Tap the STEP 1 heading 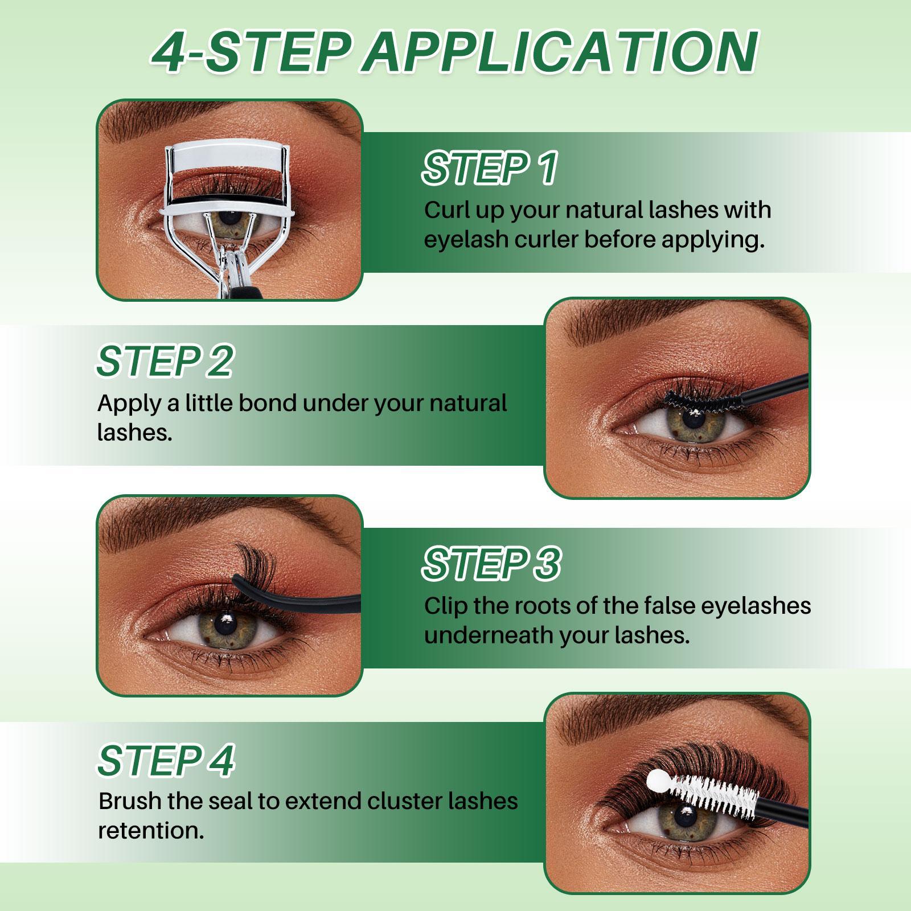point(490,168)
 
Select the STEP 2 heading point(165,361)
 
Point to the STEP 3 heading point(491,564)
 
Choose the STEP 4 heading point(166,760)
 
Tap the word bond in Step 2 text point(268,403)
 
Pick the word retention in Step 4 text point(151,831)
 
